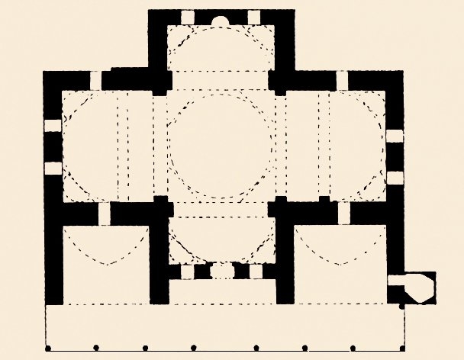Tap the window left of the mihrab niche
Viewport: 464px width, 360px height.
click(x=187, y=17)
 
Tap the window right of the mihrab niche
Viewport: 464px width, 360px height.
click(x=254, y=17)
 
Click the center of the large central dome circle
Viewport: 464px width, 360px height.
click(x=220, y=143)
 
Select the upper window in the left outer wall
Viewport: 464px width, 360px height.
click(x=52, y=126)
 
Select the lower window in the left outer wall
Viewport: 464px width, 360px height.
click(x=52, y=168)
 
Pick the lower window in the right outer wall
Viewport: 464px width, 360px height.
click(x=394, y=178)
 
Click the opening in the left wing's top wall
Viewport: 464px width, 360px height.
click(x=95, y=80)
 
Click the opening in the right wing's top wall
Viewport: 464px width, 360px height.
click(x=343, y=80)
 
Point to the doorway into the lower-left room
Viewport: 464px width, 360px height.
click(x=105, y=214)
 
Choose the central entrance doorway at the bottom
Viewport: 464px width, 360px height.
click(x=220, y=271)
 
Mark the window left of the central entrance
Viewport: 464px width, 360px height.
click(x=188, y=271)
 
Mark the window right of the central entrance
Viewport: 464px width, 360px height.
click(x=254, y=271)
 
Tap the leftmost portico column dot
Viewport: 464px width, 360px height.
click(x=47, y=349)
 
